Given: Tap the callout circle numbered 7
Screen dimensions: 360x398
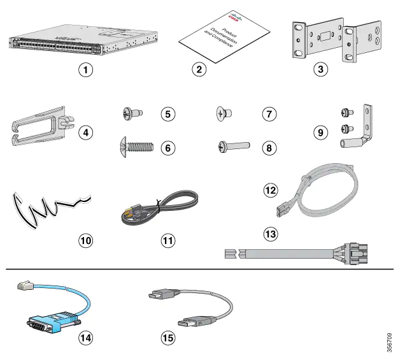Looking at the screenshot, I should (x=270, y=114).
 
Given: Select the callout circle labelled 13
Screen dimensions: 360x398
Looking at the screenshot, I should (x=271, y=234).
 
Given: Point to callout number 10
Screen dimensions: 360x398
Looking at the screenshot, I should (x=85, y=240).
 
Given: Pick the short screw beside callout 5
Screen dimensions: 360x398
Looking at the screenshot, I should (x=132, y=114).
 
